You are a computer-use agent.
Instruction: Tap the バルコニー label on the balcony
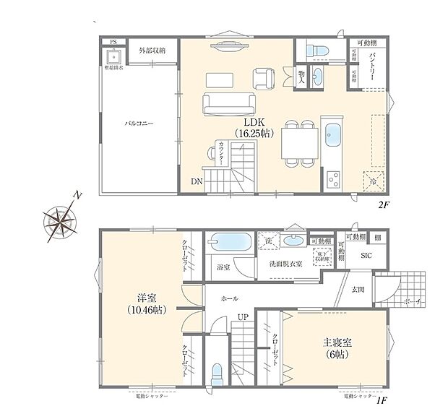138,123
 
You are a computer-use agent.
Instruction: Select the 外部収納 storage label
152,50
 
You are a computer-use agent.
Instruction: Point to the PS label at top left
113,42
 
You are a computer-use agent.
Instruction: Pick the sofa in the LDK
227,105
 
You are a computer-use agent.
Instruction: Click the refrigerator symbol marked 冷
375,181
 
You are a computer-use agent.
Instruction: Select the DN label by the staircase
197,182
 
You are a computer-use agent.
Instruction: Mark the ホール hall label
231,298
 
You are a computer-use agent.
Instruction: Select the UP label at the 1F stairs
244,317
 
